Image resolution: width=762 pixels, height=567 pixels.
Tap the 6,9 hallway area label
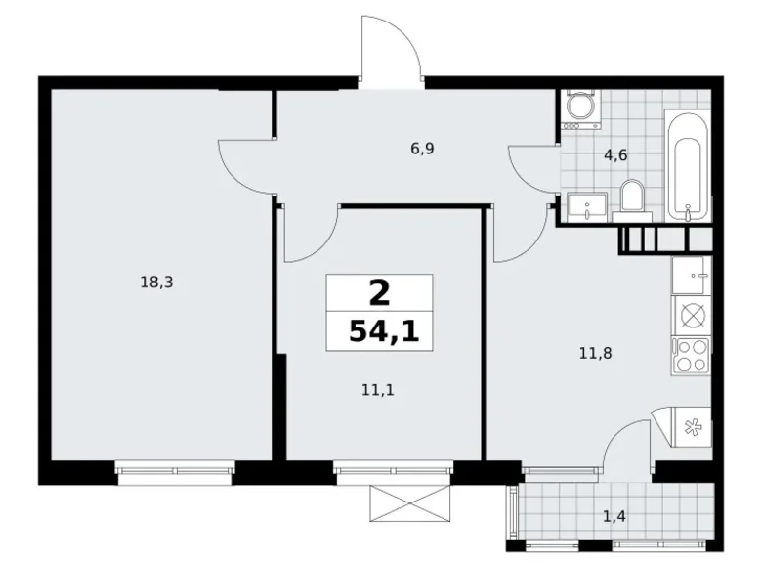(422, 149)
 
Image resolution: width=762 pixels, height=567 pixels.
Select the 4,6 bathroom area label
(615, 153)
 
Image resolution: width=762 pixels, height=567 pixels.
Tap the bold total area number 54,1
(383, 331)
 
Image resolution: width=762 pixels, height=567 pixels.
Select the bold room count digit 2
(379, 291)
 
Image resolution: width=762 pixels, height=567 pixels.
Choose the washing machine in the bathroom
(580, 109)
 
